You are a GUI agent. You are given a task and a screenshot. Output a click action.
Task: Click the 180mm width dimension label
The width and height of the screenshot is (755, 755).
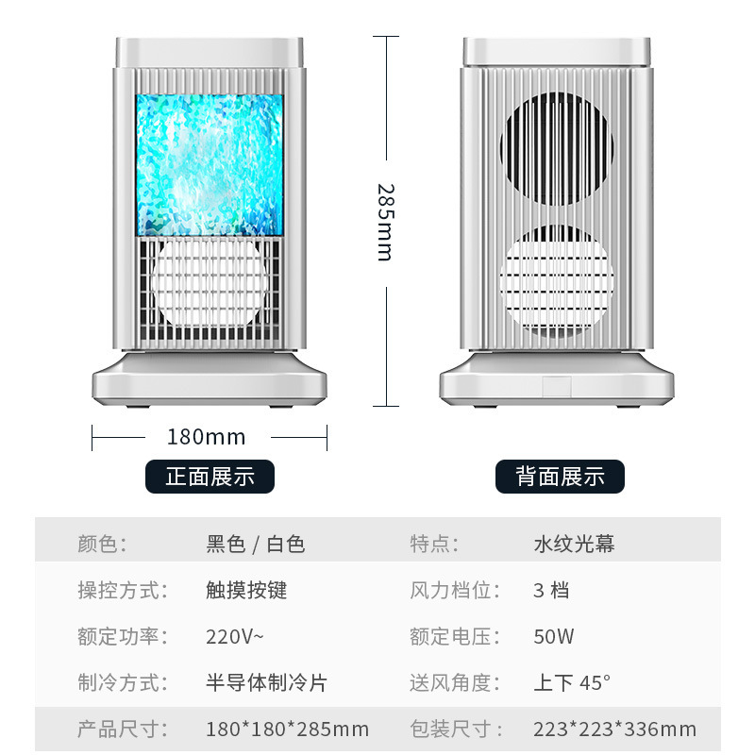[x=206, y=437]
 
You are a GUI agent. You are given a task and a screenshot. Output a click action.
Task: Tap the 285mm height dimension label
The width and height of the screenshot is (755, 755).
[x=384, y=222]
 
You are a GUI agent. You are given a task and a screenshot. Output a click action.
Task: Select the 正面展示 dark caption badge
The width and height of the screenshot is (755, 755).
[x=210, y=477]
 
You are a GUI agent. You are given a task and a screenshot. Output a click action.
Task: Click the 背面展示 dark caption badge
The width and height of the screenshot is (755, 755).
[x=560, y=477]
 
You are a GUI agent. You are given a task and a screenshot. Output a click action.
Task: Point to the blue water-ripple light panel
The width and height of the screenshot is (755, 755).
[x=210, y=164]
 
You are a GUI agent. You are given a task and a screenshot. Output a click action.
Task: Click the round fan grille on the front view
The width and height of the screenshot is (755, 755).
[x=210, y=285]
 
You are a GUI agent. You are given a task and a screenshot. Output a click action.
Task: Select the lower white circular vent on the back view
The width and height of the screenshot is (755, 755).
[x=557, y=279]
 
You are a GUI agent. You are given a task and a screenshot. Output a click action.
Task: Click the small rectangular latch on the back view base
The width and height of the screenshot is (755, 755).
[x=557, y=386]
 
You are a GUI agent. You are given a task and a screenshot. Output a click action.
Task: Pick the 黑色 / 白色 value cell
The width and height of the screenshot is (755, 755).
[x=256, y=545]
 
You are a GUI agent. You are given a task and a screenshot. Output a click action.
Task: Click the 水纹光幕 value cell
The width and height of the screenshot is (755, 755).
[x=574, y=545]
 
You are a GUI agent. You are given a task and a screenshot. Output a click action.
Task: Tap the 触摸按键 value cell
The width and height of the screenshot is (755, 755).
[x=246, y=591]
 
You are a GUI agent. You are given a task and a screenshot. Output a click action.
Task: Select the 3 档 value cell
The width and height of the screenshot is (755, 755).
[x=551, y=591]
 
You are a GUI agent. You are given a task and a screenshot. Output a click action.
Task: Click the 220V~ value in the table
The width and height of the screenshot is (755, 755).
[x=235, y=636]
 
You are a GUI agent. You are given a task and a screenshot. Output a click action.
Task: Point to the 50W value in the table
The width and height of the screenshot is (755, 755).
[x=553, y=636]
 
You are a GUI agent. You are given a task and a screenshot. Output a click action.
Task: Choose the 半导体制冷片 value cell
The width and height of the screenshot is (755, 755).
[x=266, y=682]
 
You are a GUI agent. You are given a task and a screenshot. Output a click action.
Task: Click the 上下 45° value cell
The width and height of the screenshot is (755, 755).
[x=572, y=682]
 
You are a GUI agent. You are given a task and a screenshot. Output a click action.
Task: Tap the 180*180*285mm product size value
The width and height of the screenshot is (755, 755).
[x=288, y=729]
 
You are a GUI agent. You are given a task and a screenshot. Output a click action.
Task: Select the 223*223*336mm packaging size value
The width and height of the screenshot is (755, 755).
[x=614, y=729]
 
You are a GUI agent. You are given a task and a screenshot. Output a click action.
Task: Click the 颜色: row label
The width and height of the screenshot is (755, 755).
[x=102, y=545]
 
